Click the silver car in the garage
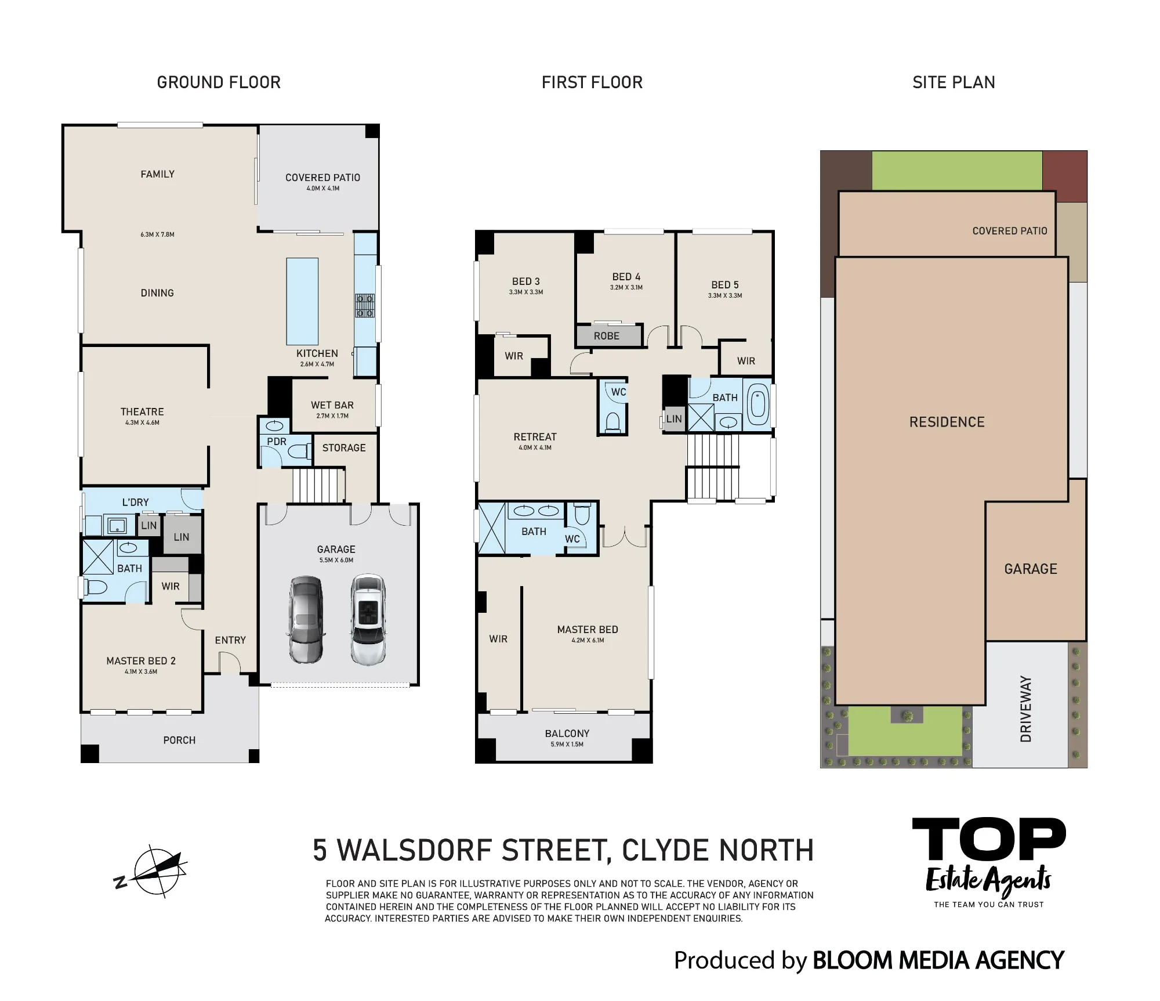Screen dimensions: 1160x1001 click(x=306, y=619)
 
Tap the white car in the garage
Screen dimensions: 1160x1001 click(x=368, y=619)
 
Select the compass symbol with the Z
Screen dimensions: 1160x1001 click(x=151, y=872)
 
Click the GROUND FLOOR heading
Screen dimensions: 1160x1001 click(x=219, y=82)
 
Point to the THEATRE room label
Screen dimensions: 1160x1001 click(x=142, y=411)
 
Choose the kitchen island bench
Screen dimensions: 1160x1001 click(x=302, y=301)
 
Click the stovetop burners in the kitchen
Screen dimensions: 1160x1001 click(x=365, y=306)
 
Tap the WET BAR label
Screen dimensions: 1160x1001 click(x=332, y=405)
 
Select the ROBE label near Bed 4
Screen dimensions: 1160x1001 click(x=607, y=336)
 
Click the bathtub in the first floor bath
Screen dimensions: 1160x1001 click(x=757, y=404)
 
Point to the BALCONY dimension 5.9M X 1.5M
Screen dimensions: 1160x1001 click(x=567, y=745)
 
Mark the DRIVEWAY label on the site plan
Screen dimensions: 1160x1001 click(x=1026, y=709)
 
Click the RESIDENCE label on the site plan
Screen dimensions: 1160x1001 click(x=947, y=422)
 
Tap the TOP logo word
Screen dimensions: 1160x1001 click(x=989, y=839)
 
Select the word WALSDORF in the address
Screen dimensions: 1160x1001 click(x=415, y=850)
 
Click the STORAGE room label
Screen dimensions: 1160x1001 click(x=344, y=448)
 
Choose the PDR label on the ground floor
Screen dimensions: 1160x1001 click(x=277, y=442)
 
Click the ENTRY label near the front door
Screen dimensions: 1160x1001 click(x=230, y=640)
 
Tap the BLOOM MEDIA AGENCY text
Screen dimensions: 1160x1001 click(x=938, y=960)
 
